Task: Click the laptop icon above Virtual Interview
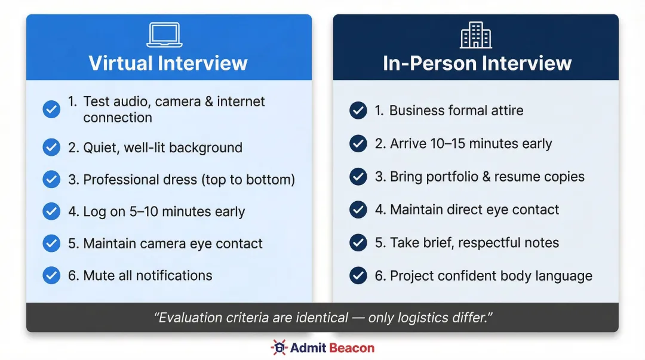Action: point(165,35)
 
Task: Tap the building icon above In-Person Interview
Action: point(476,35)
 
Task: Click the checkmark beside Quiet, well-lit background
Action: point(51,148)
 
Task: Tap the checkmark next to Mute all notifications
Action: point(51,275)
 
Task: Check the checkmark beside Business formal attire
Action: point(358,110)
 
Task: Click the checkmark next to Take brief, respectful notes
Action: point(358,243)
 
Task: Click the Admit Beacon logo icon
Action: point(278,347)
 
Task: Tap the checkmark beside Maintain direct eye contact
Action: point(358,210)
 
